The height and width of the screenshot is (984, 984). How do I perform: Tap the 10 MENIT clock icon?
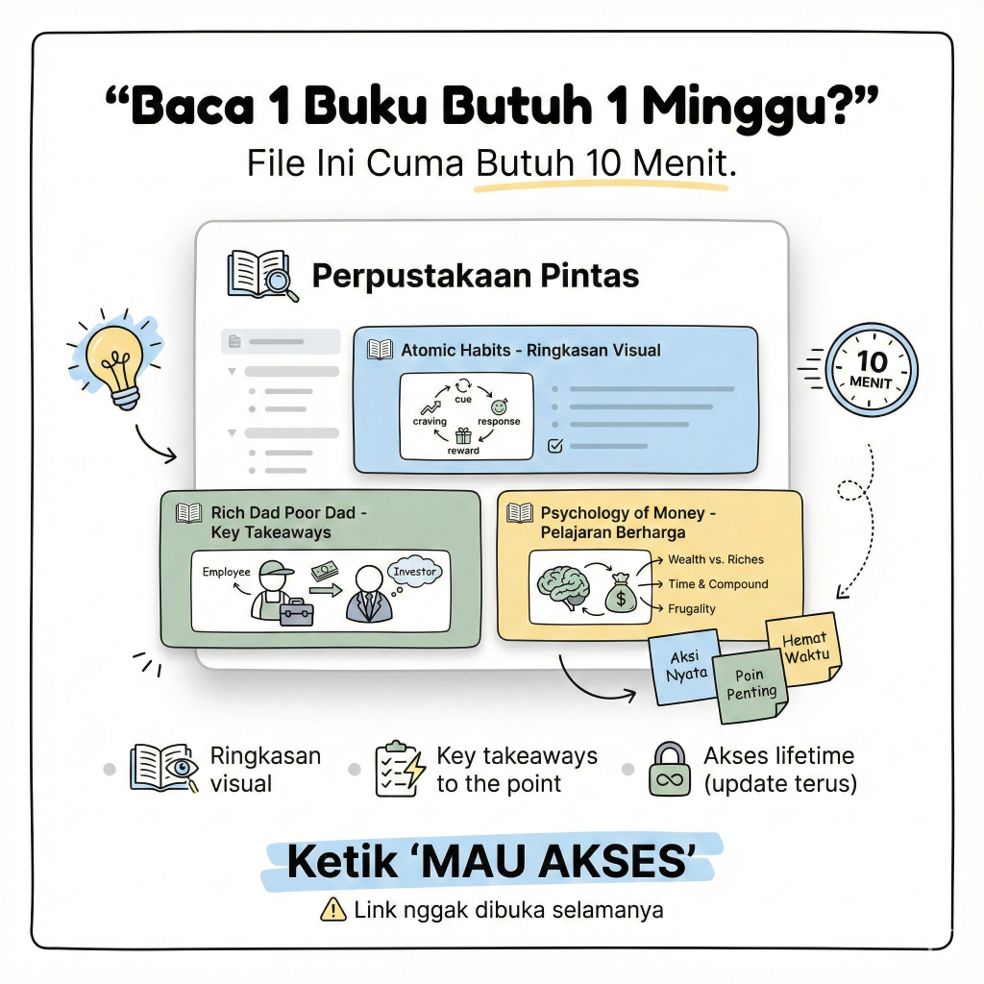(x=872, y=369)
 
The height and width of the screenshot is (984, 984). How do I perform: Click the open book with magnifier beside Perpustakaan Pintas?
(x=262, y=276)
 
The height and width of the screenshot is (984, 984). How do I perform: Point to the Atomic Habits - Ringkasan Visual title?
(x=530, y=350)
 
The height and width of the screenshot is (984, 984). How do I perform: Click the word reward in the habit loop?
(x=463, y=451)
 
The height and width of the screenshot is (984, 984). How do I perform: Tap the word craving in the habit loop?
(x=430, y=421)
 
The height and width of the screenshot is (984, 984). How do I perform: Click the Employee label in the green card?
(x=226, y=572)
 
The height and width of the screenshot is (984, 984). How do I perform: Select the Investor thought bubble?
(x=414, y=571)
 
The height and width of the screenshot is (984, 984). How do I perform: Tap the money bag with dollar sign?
(x=621, y=594)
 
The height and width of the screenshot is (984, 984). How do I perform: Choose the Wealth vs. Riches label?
(x=716, y=559)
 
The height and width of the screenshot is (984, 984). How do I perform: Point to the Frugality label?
(x=692, y=608)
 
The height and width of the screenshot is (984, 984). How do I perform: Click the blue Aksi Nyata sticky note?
(x=684, y=669)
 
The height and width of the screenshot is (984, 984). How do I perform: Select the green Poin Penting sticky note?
(x=750, y=686)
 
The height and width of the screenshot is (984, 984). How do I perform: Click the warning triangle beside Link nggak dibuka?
(x=332, y=909)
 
